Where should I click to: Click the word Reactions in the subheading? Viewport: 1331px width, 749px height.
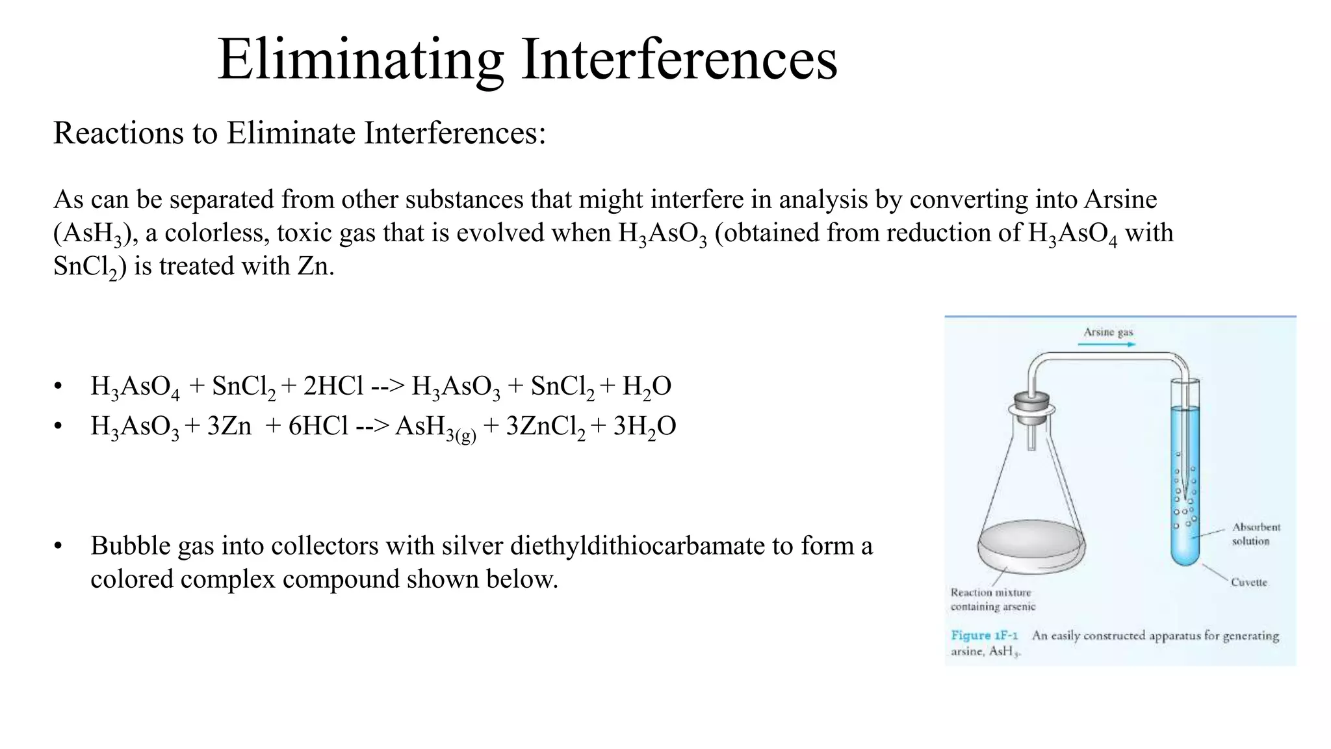click(117, 133)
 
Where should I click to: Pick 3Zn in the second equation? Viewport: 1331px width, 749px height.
click(229, 427)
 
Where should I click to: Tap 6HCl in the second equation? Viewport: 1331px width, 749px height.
click(318, 427)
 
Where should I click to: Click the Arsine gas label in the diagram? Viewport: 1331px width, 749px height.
click(1108, 332)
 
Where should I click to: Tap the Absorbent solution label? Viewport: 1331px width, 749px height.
click(1256, 534)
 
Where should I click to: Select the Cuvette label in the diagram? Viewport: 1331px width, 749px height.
click(1248, 583)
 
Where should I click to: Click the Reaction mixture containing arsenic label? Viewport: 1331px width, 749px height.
click(992, 599)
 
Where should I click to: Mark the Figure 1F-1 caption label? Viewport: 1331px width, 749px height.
click(984, 635)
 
